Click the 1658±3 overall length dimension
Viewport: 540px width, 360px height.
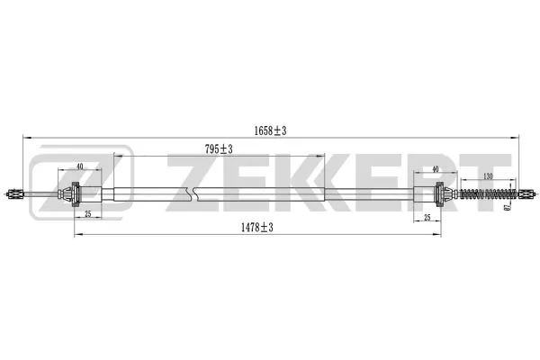coord(270,131)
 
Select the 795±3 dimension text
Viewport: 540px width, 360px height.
coord(219,149)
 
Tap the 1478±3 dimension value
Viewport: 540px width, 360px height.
coord(257,229)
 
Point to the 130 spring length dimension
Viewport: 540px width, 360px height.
coord(487,176)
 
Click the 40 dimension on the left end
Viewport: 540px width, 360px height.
coord(80,167)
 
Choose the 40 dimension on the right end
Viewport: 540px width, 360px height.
coord(436,168)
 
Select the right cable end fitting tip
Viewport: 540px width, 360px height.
coord(531,193)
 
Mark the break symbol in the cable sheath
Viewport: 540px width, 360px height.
coord(189,193)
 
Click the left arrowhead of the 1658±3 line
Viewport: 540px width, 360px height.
coord(25,138)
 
